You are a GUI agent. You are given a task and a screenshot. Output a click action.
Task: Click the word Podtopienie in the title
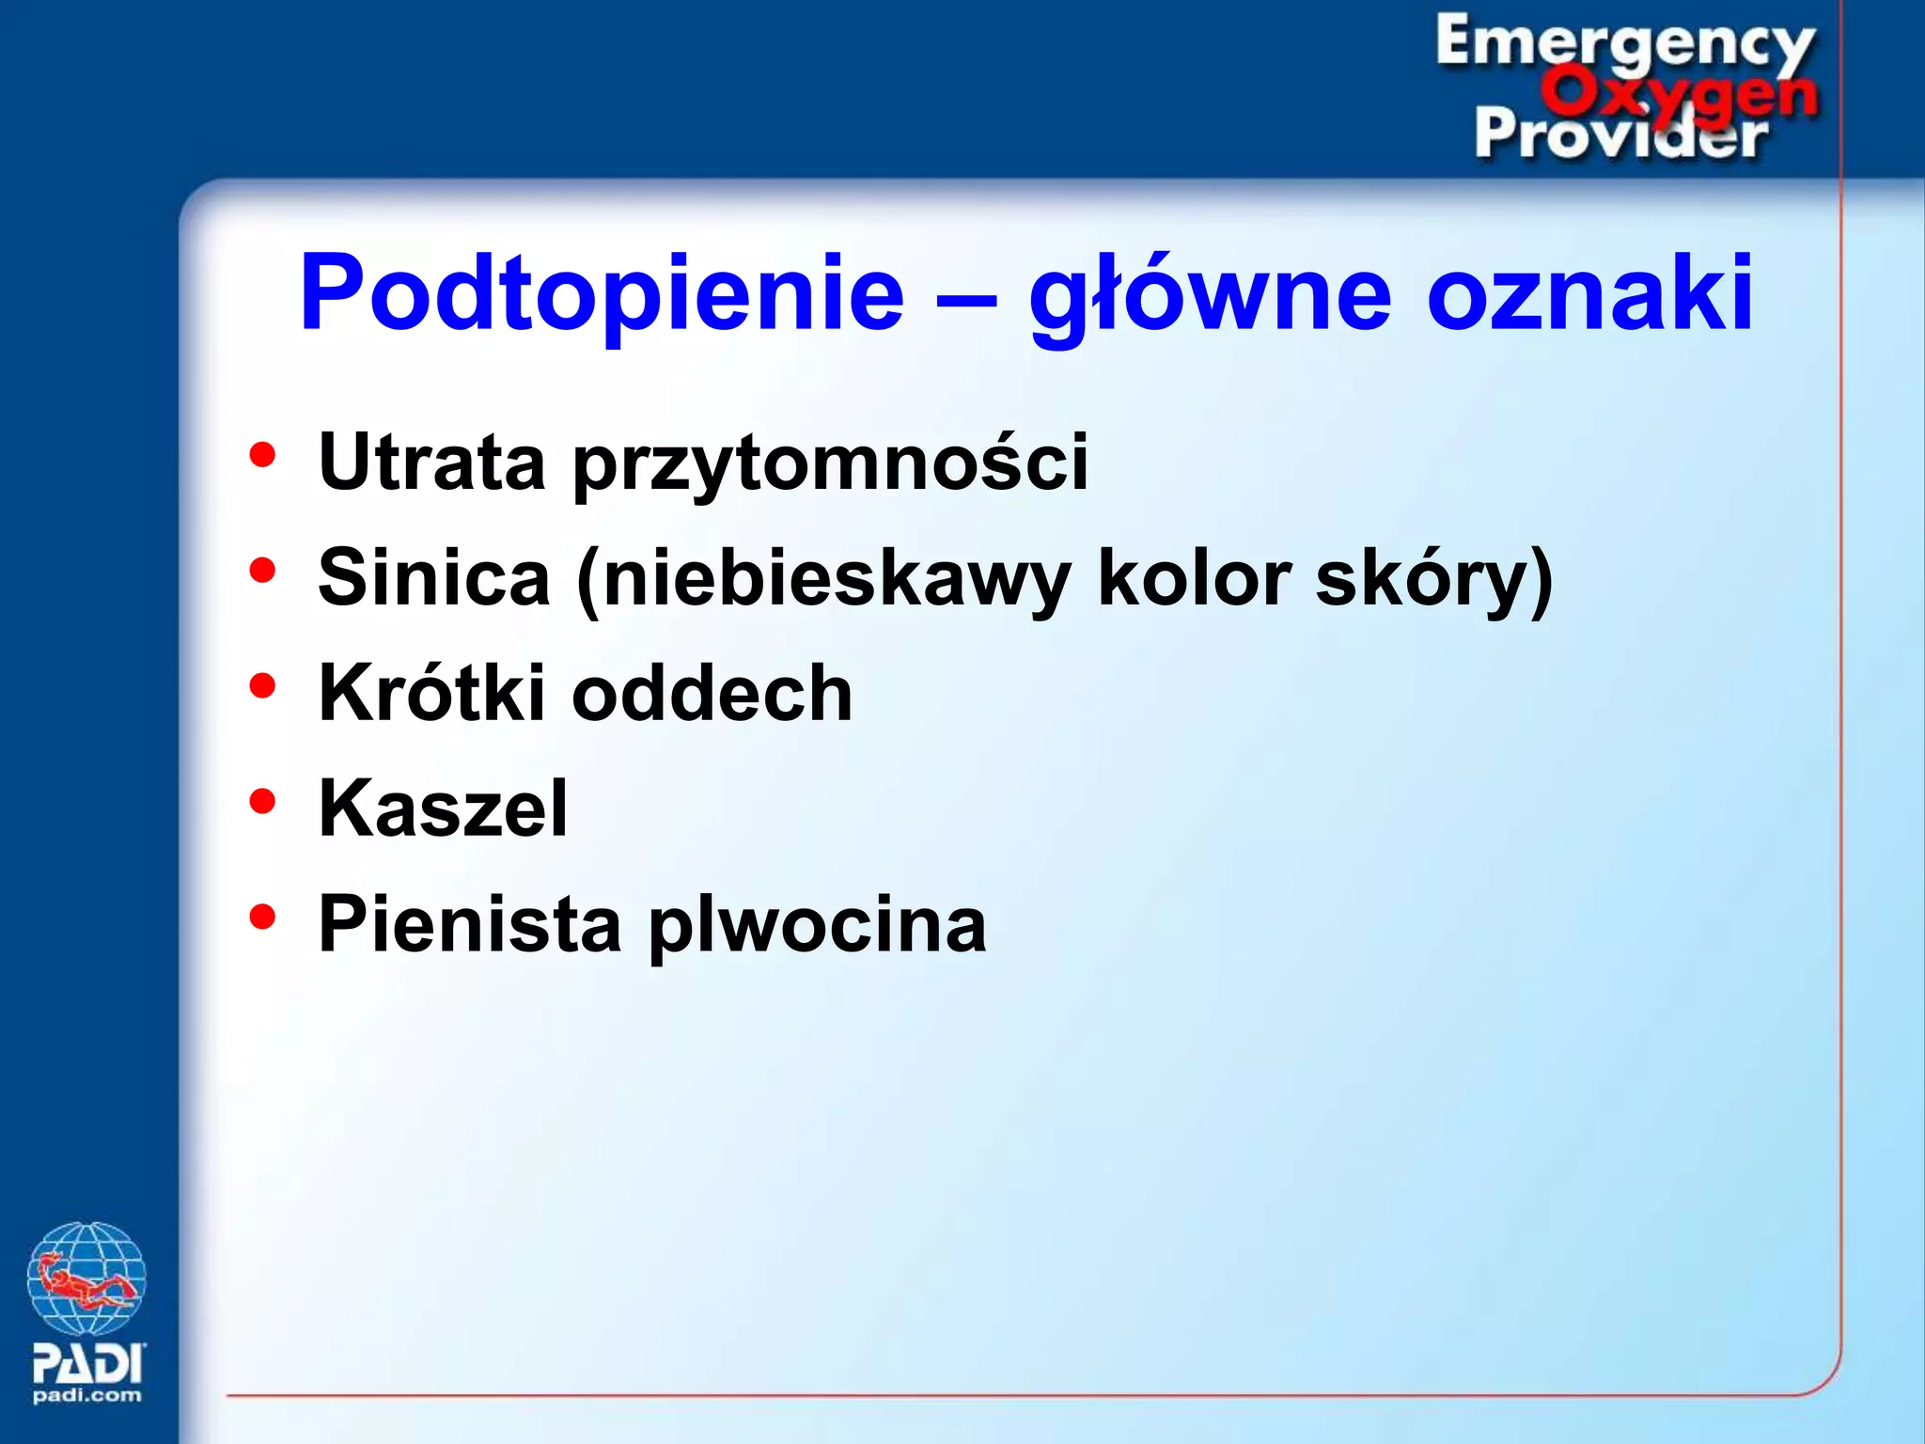[x=602, y=293]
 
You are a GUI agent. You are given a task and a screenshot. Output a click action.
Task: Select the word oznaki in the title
[x=1589, y=293]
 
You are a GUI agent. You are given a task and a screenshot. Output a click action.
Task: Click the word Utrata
[x=431, y=462]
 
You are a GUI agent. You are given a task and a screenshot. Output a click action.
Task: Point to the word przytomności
[x=831, y=463]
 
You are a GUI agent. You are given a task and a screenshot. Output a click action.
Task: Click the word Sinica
[x=434, y=577]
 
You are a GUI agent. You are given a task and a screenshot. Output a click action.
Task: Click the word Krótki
[x=431, y=693]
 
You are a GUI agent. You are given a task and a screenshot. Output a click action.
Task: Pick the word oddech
[x=712, y=693]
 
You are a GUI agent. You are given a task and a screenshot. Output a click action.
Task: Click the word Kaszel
[x=443, y=808]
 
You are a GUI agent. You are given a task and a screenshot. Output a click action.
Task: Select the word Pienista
[x=470, y=924]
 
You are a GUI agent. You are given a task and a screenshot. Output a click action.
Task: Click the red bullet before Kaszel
[x=262, y=801]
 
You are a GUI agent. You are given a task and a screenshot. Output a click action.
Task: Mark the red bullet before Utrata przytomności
[x=262, y=455]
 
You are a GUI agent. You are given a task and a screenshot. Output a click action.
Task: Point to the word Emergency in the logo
[x=1624, y=42]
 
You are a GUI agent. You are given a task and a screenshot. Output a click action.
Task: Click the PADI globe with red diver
[x=86, y=1279]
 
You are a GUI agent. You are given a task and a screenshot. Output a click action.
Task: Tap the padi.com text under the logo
[x=86, y=1395]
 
